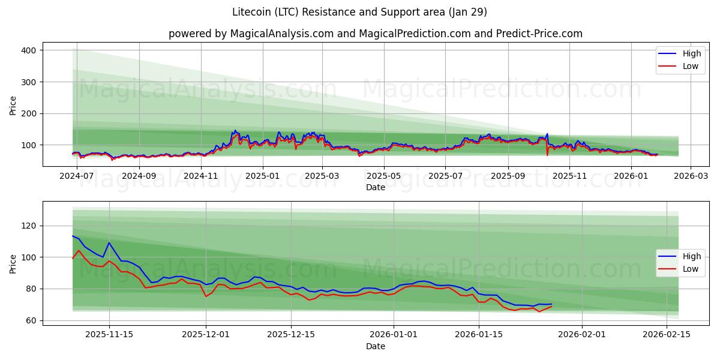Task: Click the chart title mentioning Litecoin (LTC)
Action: click(x=359, y=12)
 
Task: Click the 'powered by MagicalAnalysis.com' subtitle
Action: click(x=375, y=34)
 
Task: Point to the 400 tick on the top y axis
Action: click(x=28, y=50)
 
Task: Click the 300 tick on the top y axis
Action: click(x=28, y=82)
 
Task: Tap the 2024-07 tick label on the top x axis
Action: click(x=76, y=176)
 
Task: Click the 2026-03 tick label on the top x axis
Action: click(x=690, y=176)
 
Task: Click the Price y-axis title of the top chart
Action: click(x=13, y=104)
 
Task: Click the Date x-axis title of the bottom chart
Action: click(x=375, y=346)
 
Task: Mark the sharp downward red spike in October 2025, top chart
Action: click(x=547, y=155)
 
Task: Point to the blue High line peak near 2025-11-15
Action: click(x=109, y=243)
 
